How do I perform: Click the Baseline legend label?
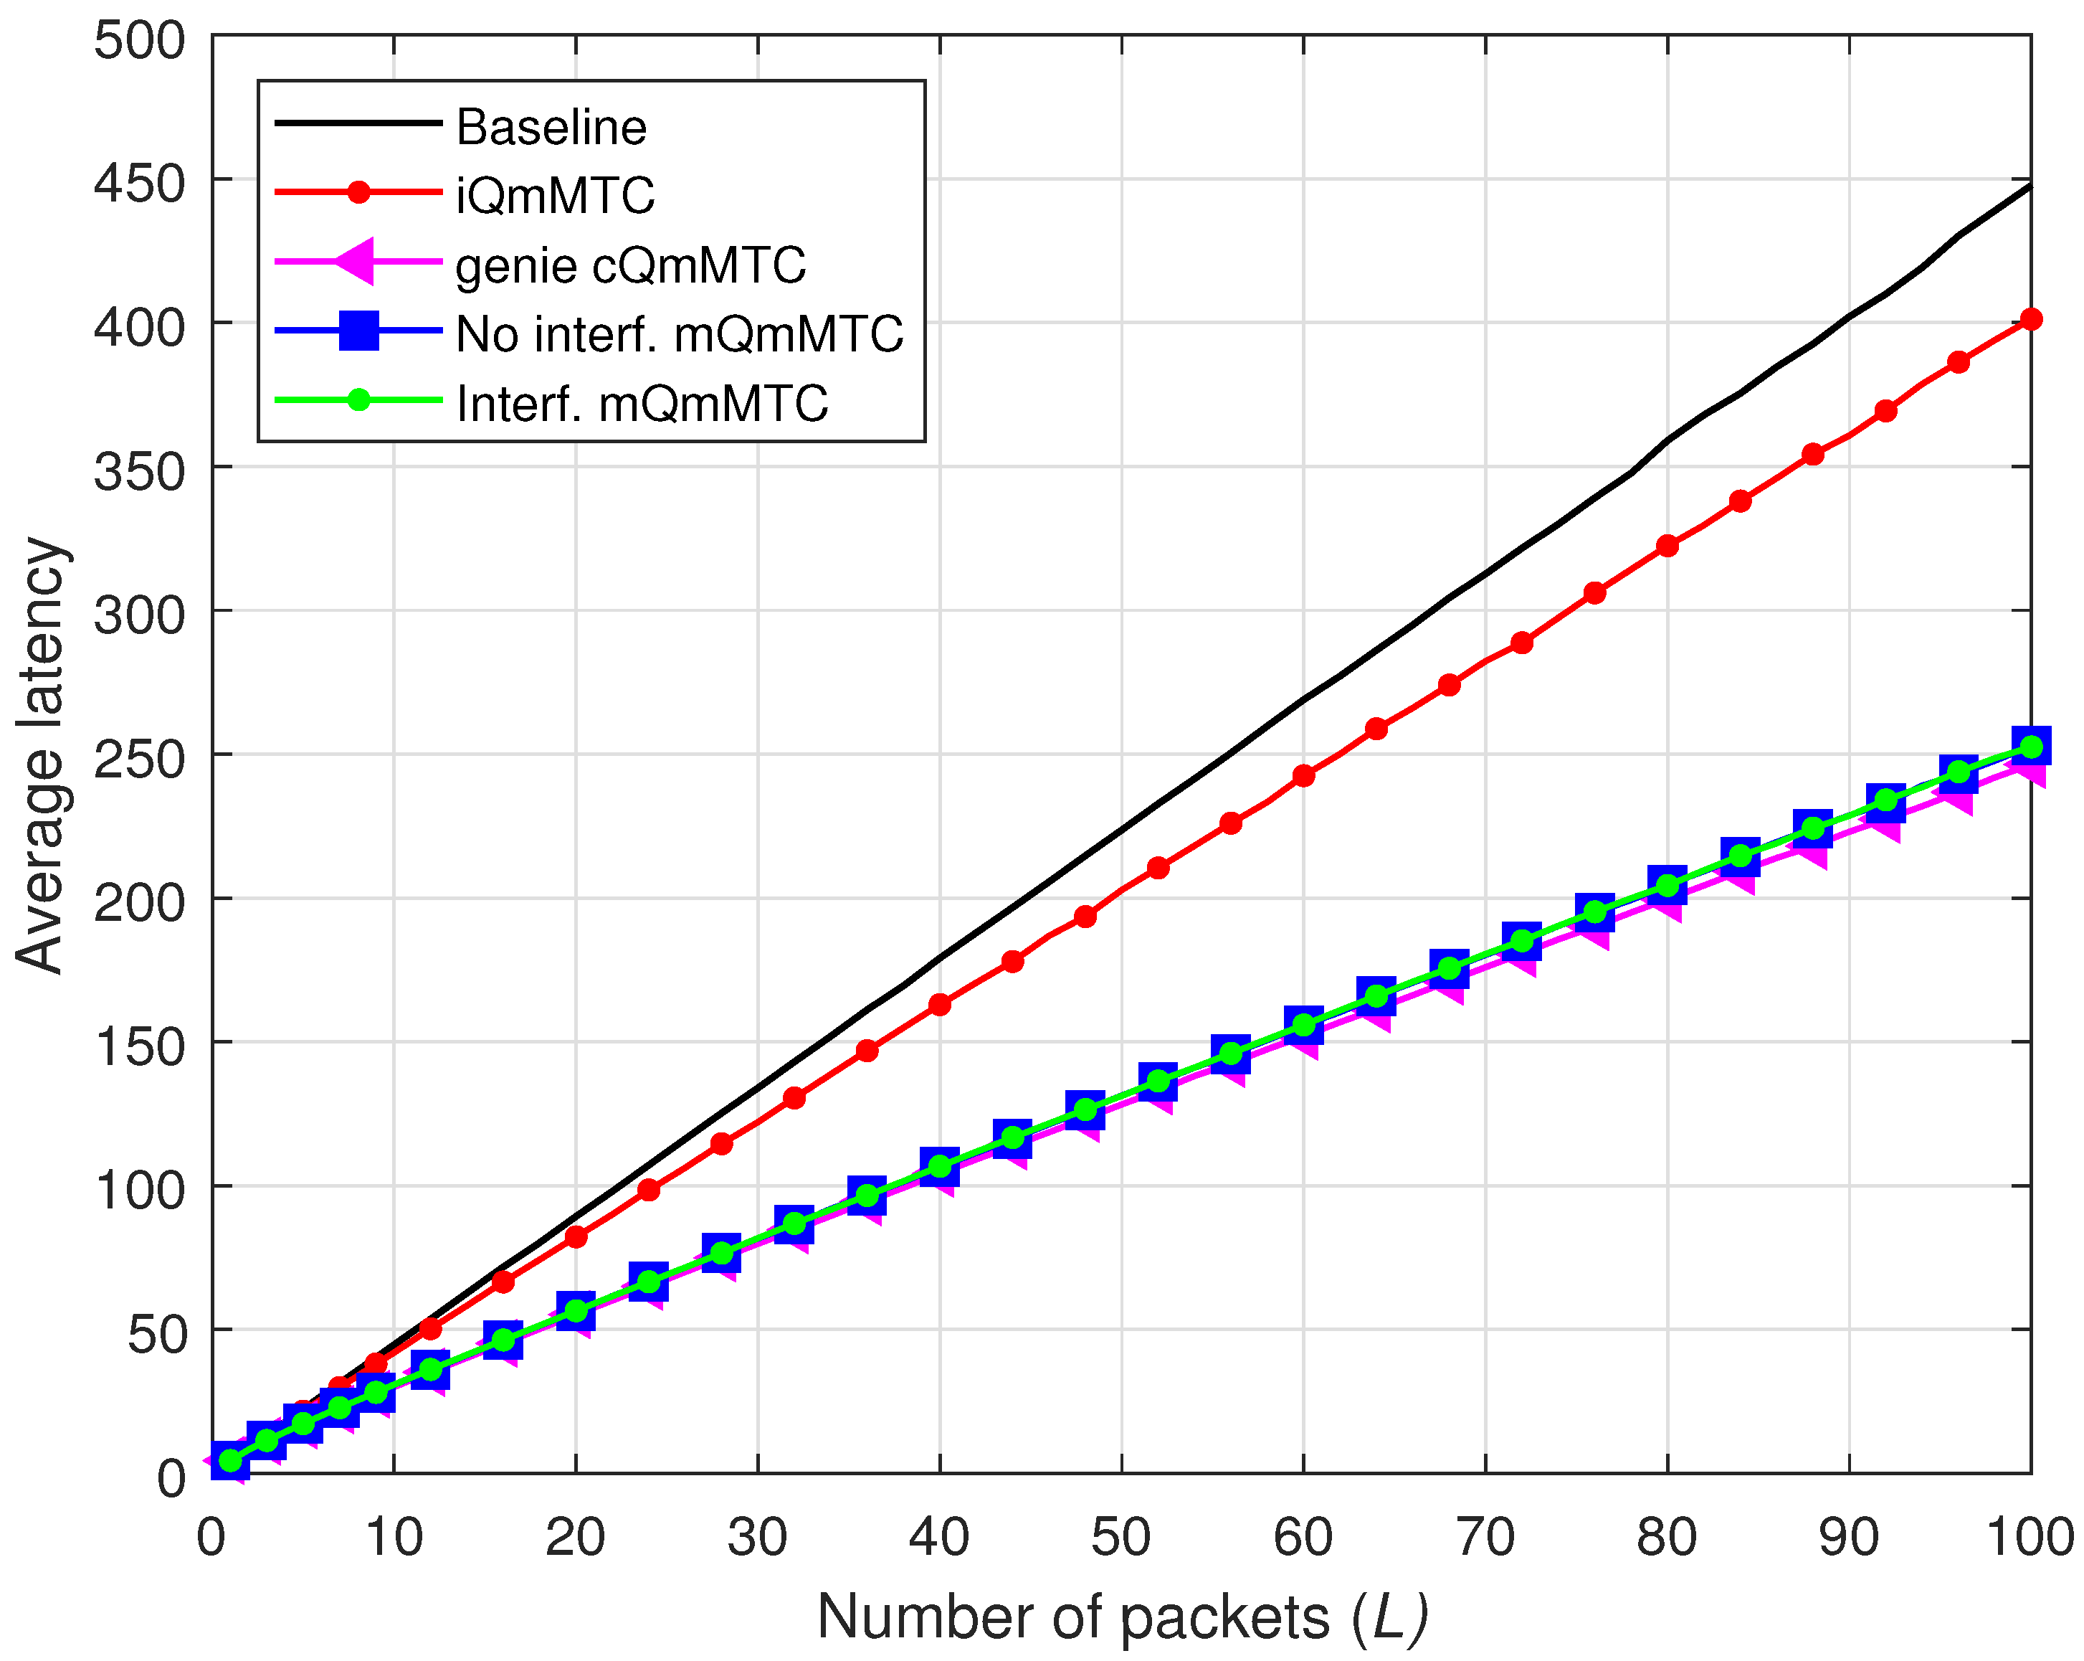tap(551, 127)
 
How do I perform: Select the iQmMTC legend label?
tap(556, 195)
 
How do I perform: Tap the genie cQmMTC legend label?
tap(631, 265)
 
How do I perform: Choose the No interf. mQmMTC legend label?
tap(680, 334)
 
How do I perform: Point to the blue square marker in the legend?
tap(358, 331)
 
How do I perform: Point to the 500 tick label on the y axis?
tap(139, 41)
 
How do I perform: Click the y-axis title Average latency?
tap(41, 755)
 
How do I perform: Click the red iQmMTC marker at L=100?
tap(2031, 319)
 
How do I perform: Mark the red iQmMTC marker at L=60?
tap(1303, 775)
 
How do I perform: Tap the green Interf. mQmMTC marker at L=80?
tap(1667, 884)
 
